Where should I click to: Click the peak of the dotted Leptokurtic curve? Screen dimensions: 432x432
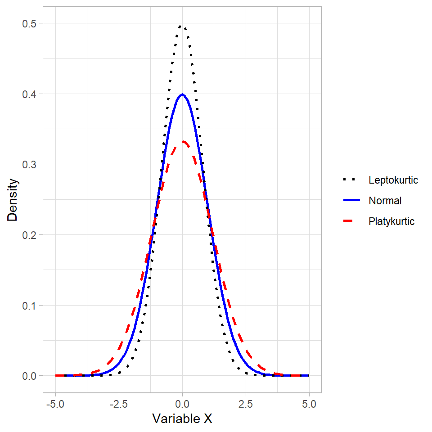click(x=182, y=26)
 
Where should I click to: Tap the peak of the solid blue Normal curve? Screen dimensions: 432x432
click(x=182, y=94)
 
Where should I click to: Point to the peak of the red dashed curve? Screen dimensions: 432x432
click(x=183, y=142)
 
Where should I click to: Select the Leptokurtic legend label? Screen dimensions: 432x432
click(x=393, y=180)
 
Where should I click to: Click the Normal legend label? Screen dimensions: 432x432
click(x=385, y=201)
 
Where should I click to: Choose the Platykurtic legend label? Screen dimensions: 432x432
click(x=391, y=221)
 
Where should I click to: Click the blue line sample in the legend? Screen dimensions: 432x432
click(x=351, y=201)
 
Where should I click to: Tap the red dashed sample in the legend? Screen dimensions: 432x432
click(x=351, y=221)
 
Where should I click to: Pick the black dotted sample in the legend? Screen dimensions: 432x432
click(x=351, y=180)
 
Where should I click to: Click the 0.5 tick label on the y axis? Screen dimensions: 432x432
click(x=29, y=23)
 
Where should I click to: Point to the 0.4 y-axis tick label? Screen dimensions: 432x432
click(x=29, y=94)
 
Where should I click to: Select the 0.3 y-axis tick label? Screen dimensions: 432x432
click(x=29, y=164)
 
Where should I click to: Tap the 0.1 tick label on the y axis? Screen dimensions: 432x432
click(x=29, y=306)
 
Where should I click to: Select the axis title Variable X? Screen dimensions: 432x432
click(x=182, y=418)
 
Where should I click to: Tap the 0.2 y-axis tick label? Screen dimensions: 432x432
click(x=29, y=235)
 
